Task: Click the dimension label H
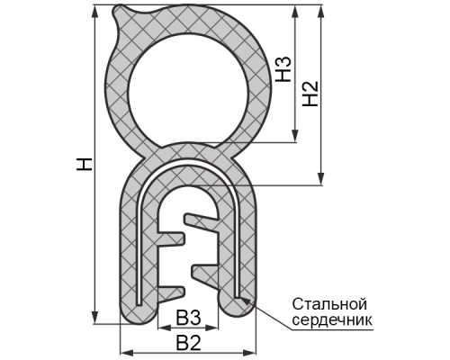point(85,165)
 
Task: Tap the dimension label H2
point(310,94)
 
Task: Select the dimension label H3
point(283,69)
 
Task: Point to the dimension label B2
point(188,343)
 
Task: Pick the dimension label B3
point(188,318)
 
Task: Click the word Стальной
point(329,304)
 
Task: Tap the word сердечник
point(332,319)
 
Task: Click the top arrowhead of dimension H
point(94,11)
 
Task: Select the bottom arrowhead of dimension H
point(94,318)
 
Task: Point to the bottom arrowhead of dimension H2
point(321,178)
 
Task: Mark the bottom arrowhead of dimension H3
point(295,136)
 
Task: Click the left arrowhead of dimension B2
point(127,352)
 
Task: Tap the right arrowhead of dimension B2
point(250,352)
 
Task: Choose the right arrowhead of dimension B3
point(211,328)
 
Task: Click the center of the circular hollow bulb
point(188,91)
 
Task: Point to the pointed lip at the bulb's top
point(119,11)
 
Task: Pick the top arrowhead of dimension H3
point(295,11)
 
